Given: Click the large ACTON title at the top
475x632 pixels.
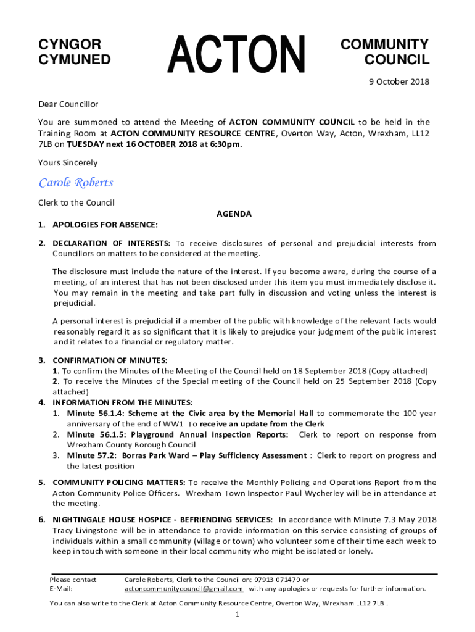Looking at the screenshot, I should pos(238,55).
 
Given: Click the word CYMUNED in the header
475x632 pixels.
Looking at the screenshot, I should pos(75,60).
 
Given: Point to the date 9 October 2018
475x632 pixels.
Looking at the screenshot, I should pos(399,81).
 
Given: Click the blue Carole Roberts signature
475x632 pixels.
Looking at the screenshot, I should pos(76,183).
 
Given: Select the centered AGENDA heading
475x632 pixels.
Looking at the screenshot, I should pos(234,214).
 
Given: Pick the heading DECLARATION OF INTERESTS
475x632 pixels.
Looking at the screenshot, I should pos(112,243).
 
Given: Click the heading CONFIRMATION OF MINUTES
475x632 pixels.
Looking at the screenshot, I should pos(110,360).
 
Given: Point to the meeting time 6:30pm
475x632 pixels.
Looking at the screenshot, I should pos(224,144).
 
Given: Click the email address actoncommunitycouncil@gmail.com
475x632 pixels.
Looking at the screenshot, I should pos(184,589).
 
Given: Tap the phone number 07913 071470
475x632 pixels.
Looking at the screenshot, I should pos(270,580).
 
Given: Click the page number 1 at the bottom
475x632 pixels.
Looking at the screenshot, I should pos(238,615).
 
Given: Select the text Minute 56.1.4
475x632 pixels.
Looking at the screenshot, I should pos(94,413).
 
